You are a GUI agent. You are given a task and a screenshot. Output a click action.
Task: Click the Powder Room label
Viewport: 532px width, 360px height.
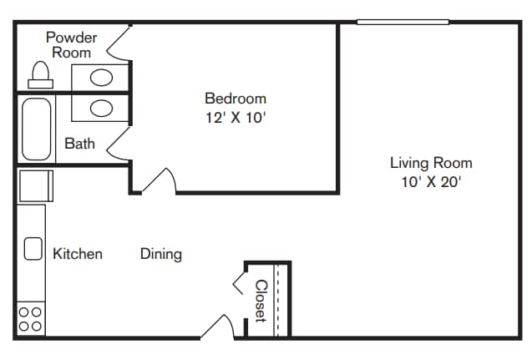point(71,44)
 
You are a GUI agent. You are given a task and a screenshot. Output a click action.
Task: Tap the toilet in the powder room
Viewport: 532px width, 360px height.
point(38,75)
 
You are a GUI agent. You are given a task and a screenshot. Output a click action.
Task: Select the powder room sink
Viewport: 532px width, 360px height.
point(101,79)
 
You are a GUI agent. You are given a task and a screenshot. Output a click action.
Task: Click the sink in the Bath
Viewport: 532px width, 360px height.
point(101,108)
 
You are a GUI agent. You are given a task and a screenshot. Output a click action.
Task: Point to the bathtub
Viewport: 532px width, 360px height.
point(37,129)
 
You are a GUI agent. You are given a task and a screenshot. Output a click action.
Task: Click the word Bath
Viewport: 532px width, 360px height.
point(80,144)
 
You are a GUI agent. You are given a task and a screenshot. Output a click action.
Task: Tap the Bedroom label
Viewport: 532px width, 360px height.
point(236,99)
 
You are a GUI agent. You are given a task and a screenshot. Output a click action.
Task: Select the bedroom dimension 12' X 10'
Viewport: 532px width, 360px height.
point(236,118)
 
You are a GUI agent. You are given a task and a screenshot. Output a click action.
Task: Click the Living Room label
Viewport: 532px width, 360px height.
point(431,163)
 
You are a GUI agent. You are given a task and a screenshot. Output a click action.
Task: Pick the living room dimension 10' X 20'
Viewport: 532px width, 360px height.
point(431,181)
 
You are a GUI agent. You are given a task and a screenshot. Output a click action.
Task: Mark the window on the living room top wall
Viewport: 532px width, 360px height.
point(403,22)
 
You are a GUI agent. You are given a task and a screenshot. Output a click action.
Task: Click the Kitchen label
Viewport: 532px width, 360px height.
point(78,253)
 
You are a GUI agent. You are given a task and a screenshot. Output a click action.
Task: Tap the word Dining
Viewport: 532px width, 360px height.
point(160,253)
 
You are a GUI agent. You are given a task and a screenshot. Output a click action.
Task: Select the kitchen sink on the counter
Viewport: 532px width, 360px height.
point(33,249)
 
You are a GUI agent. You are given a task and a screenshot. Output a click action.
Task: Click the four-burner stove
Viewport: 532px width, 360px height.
point(31,320)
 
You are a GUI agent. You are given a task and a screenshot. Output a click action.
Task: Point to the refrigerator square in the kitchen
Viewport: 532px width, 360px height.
point(35,185)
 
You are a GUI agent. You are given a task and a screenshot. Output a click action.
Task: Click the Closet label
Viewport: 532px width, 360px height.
point(260,301)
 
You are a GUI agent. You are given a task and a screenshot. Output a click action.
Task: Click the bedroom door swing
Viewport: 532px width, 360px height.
point(159,180)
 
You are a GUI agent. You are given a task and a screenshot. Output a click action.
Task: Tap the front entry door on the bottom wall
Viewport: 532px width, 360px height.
point(218,327)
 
